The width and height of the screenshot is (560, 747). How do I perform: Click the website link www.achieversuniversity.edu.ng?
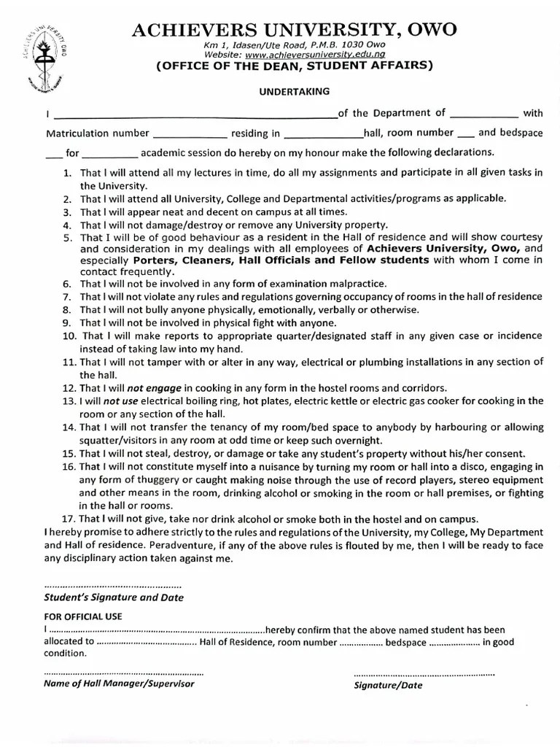pyautogui.click(x=316, y=55)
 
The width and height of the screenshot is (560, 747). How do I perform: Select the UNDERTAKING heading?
pyautogui.click(x=295, y=91)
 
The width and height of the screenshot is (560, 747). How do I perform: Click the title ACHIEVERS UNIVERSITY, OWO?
pyautogui.click(x=295, y=30)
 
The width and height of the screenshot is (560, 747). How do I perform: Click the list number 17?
pyautogui.click(x=69, y=519)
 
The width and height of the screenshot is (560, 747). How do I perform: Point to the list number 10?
pyautogui.click(x=69, y=336)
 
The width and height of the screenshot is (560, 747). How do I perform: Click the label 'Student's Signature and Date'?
pyautogui.click(x=114, y=597)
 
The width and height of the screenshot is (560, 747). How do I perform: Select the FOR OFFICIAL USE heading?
pyautogui.click(x=83, y=616)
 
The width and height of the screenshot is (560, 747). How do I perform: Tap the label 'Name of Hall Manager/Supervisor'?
pyautogui.click(x=120, y=684)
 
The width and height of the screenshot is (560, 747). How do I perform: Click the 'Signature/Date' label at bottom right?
pyautogui.click(x=387, y=685)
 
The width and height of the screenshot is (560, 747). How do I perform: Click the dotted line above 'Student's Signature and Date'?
pyautogui.click(x=113, y=585)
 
